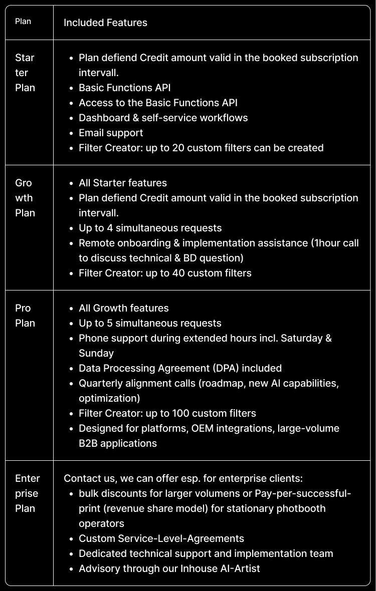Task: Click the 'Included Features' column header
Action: coord(105,23)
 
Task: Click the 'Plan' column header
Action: coord(23,22)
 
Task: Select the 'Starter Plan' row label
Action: coord(25,73)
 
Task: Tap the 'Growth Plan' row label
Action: coord(25,198)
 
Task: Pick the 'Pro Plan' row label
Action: coord(25,316)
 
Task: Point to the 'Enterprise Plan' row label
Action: coord(28,493)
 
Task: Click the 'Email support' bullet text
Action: coord(111,133)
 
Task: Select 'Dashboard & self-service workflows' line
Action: coord(163,118)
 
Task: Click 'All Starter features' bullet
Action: coord(123,183)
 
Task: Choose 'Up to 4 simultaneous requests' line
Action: coord(150,228)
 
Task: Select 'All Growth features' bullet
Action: coord(124,308)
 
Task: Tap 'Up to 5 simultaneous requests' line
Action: coord(150,323)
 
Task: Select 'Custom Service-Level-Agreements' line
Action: coord(161,538)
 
